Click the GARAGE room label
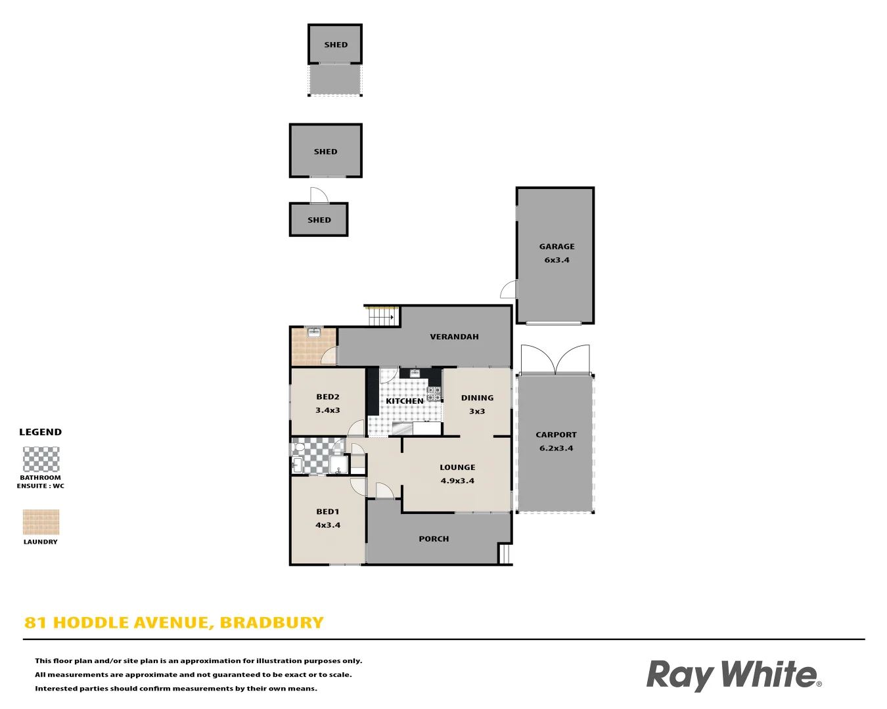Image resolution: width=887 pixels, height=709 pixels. click(x=557, y=247)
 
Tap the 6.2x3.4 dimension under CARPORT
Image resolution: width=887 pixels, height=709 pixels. click(x=556, y=448)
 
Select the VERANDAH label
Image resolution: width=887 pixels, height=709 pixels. click(x=454, y=337)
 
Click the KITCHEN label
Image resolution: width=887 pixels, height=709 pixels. click(x=405, y=401)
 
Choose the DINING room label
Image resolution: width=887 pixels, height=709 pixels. click(x=477, y=398)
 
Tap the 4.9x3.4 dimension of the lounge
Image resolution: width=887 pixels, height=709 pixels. click(x=457, y=481)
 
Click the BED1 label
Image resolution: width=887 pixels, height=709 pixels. click(x=328, y=511)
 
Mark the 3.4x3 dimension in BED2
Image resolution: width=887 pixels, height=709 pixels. click(x=328, y=410)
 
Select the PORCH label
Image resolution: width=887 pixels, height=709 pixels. click(x=434, y=539)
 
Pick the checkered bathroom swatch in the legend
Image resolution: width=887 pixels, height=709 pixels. click(x=41, y=460)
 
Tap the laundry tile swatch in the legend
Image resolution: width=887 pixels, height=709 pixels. click(x=41, y=523)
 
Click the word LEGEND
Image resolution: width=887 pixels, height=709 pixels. click(x=40, y=432)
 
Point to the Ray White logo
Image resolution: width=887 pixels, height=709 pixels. click(x=733, y=676)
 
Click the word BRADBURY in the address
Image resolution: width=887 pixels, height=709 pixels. click(x=271, y=622)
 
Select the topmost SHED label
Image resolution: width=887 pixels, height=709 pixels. click(x=336, y=45)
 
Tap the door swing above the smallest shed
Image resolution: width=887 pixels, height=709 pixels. click(x=319, y=196)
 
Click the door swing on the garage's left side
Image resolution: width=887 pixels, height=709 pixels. click(x=509, y=289)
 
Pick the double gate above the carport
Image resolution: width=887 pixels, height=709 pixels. click(x=555, y=359)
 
